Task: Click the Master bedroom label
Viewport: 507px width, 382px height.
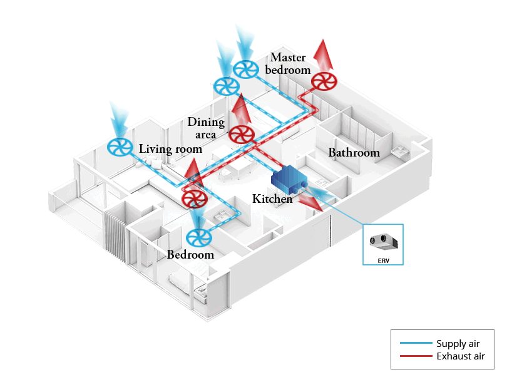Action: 288,64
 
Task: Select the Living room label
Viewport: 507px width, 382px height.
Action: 170,149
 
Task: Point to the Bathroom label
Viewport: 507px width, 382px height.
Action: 354,153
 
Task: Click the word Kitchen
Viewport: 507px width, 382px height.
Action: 272,199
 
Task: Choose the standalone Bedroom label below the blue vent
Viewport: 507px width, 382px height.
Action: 190,255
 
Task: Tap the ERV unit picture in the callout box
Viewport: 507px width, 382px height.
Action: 383,241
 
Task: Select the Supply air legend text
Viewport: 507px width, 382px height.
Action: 460,344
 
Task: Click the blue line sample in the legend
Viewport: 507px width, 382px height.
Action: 416,344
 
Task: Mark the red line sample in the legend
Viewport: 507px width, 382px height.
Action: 416,356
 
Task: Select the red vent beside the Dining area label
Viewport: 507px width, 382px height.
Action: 241,134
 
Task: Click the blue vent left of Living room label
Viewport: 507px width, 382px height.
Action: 119,148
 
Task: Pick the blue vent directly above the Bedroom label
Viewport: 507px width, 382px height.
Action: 199,237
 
